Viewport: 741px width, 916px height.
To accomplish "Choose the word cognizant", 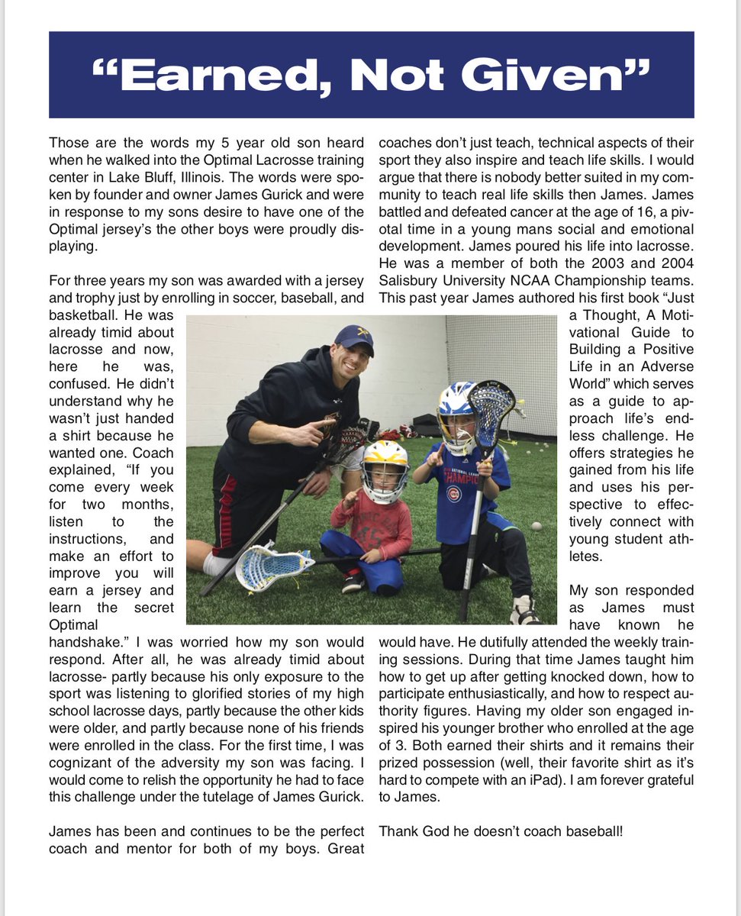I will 82,762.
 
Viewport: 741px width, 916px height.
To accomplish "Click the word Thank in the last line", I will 397,829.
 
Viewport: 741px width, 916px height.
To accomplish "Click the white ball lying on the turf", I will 536,526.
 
